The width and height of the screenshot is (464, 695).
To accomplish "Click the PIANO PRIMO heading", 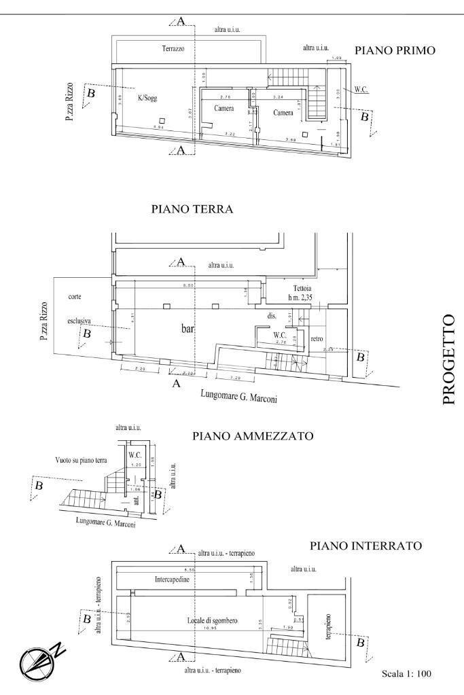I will pos(395,50).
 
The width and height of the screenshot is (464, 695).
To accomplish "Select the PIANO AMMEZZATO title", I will pos(253,437).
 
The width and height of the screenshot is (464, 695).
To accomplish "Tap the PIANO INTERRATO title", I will pos(366,546).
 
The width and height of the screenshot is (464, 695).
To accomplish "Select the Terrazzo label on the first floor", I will pos(174,50).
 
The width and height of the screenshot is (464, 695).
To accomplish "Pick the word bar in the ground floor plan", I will pos(188,328).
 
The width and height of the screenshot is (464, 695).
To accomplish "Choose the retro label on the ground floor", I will pos(317,338).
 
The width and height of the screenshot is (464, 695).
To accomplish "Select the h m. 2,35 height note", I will pos(297,297).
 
